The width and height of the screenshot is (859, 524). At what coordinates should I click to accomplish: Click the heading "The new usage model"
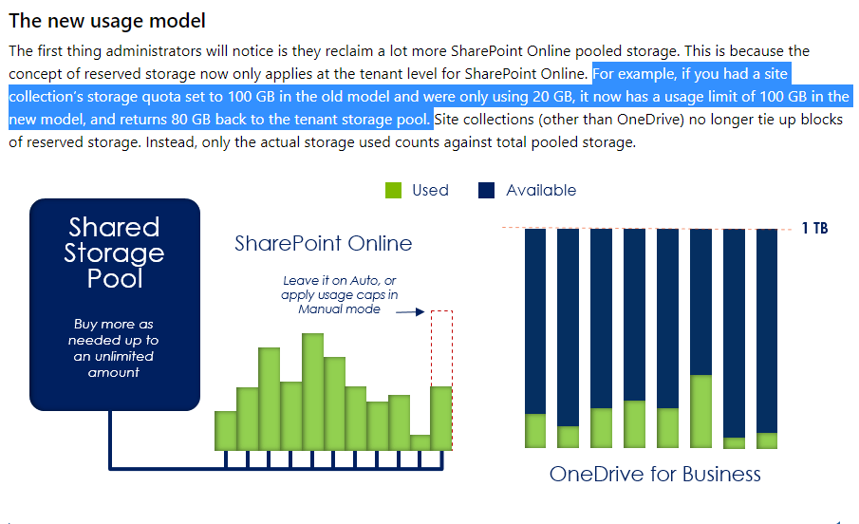[107, 21]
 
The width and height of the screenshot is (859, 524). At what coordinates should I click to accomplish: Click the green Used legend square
[394, 190]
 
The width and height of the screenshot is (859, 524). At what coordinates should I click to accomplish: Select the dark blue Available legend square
[487, 190]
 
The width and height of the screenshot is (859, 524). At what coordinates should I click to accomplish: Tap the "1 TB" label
[814, 229]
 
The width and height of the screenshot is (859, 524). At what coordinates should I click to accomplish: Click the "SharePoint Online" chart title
[323, 244]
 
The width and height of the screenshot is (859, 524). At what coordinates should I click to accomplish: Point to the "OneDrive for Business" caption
[655, 474]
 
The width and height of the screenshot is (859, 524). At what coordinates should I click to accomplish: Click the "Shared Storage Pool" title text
[114, 253]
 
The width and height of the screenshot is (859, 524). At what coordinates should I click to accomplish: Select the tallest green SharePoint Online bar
[312, 391]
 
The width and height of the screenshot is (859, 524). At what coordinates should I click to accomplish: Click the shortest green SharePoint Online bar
[420, 442]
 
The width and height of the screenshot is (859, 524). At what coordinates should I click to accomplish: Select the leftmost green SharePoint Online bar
[226, 430]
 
